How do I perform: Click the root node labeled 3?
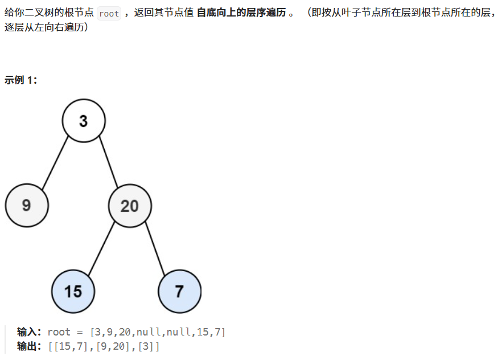(x=84, y=121)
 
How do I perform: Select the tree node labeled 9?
(x=27, y=205)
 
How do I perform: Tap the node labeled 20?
(x=130, y=206)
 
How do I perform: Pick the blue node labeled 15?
(x=73, y=292)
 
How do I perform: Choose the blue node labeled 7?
(x=179, y=292)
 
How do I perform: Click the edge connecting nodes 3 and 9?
(x=55, y=163)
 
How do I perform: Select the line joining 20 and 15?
(x=101, y=248)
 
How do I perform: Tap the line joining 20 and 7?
(x=154, y=248)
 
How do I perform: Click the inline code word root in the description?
(x=109, y=14)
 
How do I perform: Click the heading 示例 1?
(x=21, y=80)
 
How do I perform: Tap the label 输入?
(x=30, y=332)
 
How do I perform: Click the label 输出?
(x=30, y=346)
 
